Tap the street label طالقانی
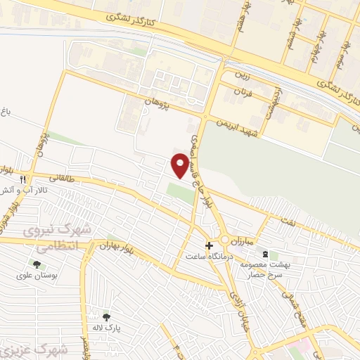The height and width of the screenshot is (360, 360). pyautogui.click(x=61, y=179)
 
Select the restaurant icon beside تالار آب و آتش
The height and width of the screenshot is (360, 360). pyautogui.click(x=25, y=179)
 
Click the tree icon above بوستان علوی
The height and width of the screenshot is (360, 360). pyautogui.click(x=37, y=264)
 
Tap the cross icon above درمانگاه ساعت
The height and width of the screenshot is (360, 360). pyautogui.click(x=209, y=245)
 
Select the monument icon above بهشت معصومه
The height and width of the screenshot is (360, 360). pyautogui.click(x=265, y=253)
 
